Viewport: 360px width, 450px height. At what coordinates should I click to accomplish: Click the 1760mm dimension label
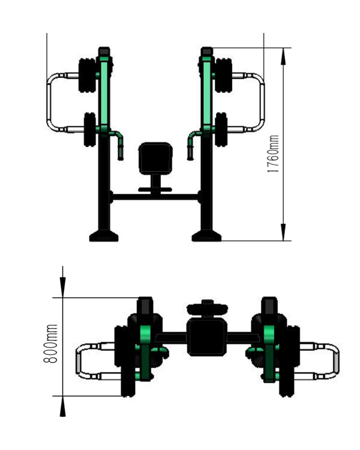pyautogui.click(x=273, y=154)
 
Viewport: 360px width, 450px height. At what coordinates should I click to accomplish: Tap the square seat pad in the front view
pyautogui.click(x=155, y=158)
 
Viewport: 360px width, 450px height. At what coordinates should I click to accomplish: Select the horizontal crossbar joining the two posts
pyautogui.click(x=155, y=197)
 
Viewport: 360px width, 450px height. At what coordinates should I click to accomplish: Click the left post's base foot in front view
pyautogui.click(x=104, y=236)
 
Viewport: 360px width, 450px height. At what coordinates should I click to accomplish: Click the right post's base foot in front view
pyautogui.click(x=206, y=236)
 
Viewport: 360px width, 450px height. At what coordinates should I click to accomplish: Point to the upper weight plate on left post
pyautogui.click(x=87, y=75)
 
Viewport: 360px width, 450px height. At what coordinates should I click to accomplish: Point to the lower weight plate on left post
pyautogui.click(x=90, y=129)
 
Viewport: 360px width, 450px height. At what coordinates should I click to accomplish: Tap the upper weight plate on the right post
pyautogui.click(x=224, y=75)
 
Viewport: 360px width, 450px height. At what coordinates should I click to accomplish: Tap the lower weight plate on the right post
pyautogui.click(x=221, y=129)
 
